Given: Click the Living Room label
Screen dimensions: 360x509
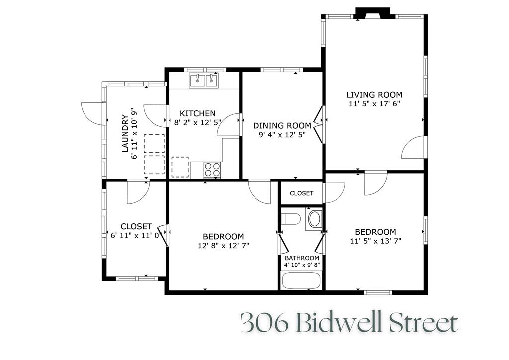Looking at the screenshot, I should click(374, 95).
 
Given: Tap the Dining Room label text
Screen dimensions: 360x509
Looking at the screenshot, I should click(282, 125).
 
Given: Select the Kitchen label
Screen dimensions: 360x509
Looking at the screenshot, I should click(197, 113).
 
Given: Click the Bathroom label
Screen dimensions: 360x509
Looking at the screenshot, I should click(302, 258).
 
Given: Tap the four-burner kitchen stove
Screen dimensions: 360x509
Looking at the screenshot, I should click(213, 170).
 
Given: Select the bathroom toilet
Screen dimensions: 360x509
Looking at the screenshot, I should click(290, 219).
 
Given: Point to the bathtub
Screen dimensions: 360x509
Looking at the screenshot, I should click(301, 281).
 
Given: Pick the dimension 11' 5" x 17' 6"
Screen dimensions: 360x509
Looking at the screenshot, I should click(374, 104).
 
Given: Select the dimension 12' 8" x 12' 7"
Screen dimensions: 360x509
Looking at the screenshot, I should click(223, 245).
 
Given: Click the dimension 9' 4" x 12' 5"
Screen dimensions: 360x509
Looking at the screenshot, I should click(282, 134).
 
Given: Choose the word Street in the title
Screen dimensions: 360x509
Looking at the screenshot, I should click(424, 324).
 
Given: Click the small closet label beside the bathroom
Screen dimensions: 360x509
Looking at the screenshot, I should click(301, 193).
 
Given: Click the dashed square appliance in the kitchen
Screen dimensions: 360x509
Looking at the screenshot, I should click(180, 167).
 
